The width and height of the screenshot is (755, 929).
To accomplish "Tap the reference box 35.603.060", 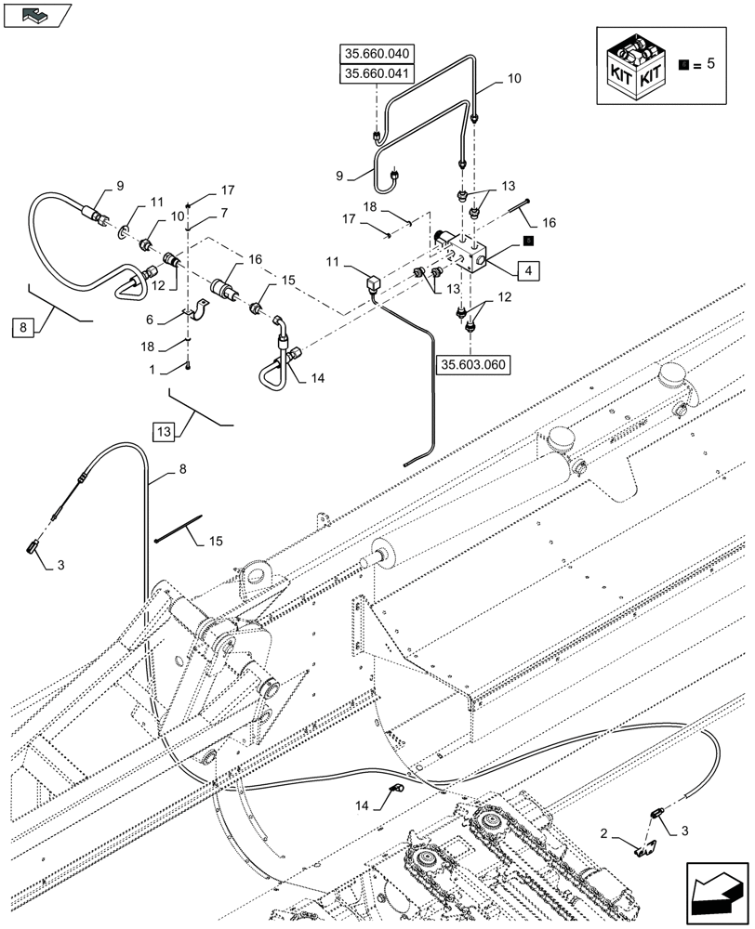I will click(x=474, y=365).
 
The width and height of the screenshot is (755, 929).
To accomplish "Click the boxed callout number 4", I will click(x=527, y=271).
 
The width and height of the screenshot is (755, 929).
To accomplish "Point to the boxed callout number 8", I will click(x=23, y=326).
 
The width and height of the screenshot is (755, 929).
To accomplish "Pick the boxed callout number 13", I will click(x=165, y=431).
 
